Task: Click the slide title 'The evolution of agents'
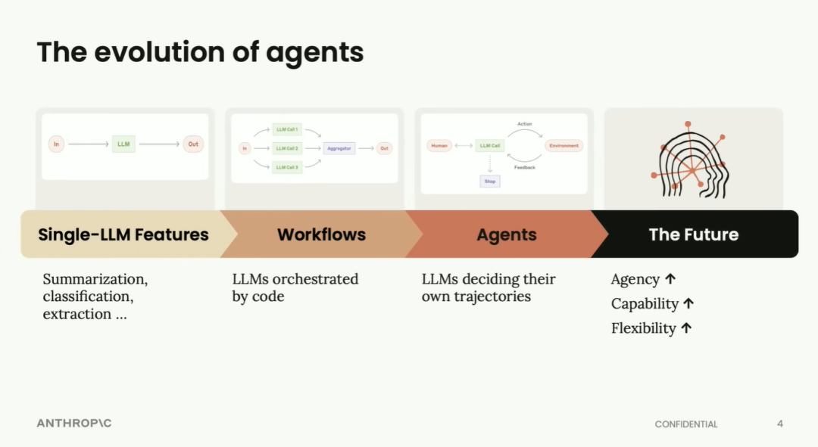200,52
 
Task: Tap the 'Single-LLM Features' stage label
123,234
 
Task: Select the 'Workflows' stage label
321,234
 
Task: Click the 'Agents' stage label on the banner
507,234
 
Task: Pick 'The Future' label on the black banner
693,234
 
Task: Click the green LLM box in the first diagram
123,144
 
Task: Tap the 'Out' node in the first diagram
193,144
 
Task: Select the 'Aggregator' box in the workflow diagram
339,148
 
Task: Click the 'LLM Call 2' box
287,148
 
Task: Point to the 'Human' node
439,145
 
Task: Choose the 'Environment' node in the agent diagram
564,145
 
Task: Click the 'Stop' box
490,182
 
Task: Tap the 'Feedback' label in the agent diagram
525,167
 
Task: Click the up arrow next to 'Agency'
670,279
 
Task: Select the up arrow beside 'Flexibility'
686,328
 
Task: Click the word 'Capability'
645,304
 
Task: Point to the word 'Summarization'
95,279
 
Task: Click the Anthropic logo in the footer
74,423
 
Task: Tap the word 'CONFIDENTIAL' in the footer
686,424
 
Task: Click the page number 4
780,424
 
